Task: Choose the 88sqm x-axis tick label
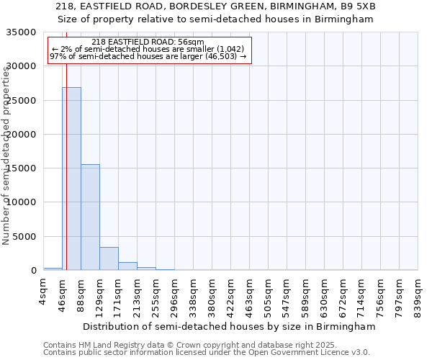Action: click(81, 293)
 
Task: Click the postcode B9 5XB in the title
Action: click(358, 6)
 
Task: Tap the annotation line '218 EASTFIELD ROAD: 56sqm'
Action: click(148, 42)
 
